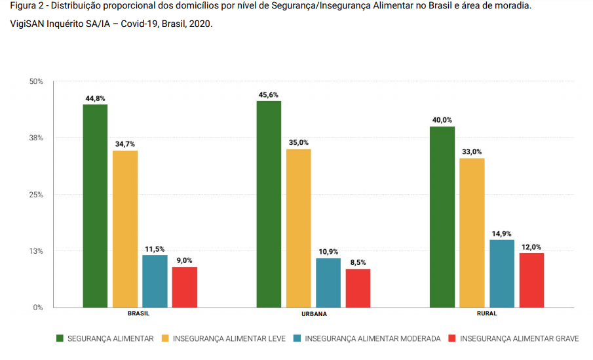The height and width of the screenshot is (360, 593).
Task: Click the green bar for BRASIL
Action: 95,205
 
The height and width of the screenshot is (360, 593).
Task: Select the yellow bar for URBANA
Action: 298,228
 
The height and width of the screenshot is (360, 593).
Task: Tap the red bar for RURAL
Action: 531,280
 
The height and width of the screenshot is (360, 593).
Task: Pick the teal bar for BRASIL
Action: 155,281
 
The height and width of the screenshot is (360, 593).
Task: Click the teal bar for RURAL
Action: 502,273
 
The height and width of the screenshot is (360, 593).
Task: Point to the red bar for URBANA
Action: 358,288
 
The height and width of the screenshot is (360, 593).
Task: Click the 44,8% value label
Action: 95,98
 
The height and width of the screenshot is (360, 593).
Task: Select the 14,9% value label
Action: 502,233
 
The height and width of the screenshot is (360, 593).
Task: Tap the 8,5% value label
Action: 358,262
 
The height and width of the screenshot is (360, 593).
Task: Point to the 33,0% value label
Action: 472,152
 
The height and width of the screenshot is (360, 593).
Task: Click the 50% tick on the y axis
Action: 36,81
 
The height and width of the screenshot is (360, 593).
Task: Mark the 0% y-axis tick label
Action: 38,308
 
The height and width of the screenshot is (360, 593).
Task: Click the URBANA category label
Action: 314,314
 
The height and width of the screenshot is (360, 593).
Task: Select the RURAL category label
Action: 487,313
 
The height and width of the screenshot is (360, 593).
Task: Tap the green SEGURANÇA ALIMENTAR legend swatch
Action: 60,339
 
